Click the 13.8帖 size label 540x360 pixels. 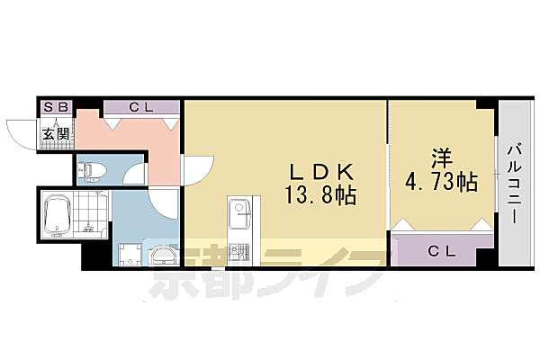[x=319, y=194]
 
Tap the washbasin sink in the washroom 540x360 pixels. [x=163, y=256]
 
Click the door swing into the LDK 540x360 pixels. [x=199, y=169]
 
